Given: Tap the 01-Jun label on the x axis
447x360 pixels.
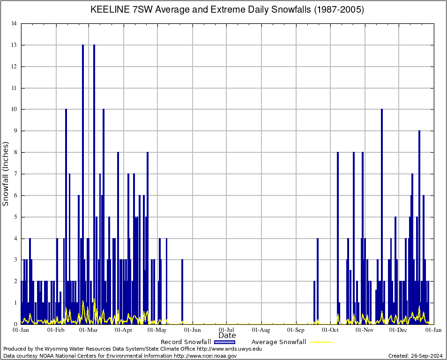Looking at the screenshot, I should pyautogui.click(x=193, y=330).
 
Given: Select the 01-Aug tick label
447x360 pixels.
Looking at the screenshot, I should pyautogui.click(x=261, y=330).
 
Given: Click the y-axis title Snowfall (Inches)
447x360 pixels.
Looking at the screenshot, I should pyautogui.click(x=6, y=173).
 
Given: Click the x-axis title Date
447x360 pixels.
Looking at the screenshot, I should pyautogui.click(x=227, y=336).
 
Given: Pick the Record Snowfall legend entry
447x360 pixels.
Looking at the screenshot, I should pyautogui.click(x=186, y=342).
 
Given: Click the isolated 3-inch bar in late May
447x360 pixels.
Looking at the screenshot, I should pyautogui.click(x=182, y=291).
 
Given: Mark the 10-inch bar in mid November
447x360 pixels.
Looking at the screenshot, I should pyautogui.click(x=382, y=216).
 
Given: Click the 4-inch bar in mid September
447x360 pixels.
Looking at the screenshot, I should pyautogui.click(x=318, y=281).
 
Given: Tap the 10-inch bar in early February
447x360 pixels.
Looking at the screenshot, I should pyautogui.click(x=66, y=216).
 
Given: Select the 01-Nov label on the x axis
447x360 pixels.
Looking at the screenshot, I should pyautogui.click(x=365, y=330).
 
